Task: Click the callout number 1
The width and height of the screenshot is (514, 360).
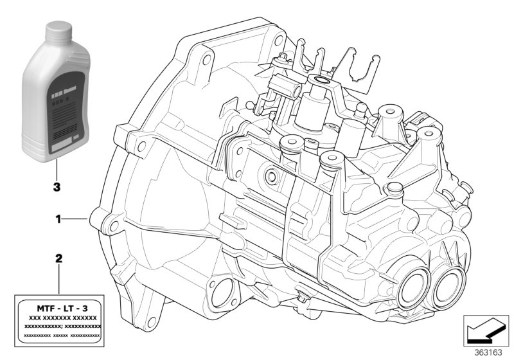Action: pyautogui.click(x=57, y=219)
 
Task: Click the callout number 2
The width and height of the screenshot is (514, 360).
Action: pyautogui.click(x=58, y=259)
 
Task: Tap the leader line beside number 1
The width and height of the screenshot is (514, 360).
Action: pyautogui.click(x=75, y=219)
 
